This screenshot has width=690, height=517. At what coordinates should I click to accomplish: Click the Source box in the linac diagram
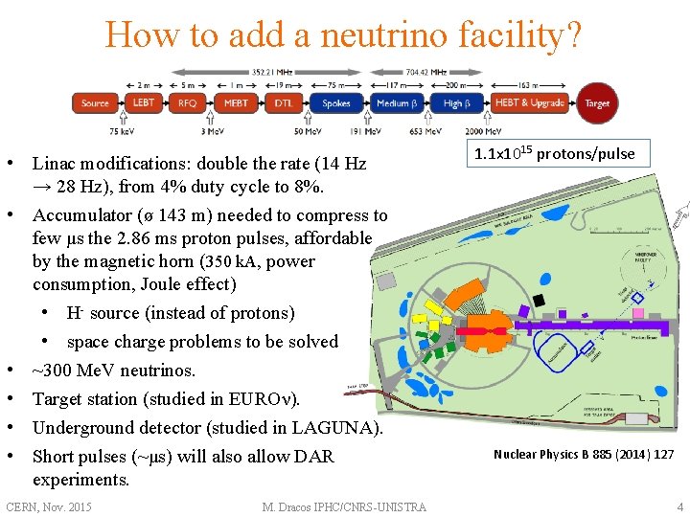95,103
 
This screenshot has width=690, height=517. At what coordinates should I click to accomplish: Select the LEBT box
144,103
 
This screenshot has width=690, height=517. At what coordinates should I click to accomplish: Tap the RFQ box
187,103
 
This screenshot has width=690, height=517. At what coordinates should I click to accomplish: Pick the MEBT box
235,103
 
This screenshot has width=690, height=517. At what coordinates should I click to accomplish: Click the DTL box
284,103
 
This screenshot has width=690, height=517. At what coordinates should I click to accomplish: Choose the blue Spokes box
335,103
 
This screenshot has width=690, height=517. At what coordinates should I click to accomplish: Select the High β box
453,103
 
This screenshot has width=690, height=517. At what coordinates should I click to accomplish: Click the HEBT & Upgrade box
530,103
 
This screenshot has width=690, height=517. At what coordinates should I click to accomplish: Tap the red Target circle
596,103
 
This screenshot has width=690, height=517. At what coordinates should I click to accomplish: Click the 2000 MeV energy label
483,131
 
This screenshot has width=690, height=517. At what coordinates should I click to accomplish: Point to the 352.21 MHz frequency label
273,71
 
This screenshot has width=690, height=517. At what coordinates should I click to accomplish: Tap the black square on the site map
540,301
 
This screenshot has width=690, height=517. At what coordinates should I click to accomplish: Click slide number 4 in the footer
679,506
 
